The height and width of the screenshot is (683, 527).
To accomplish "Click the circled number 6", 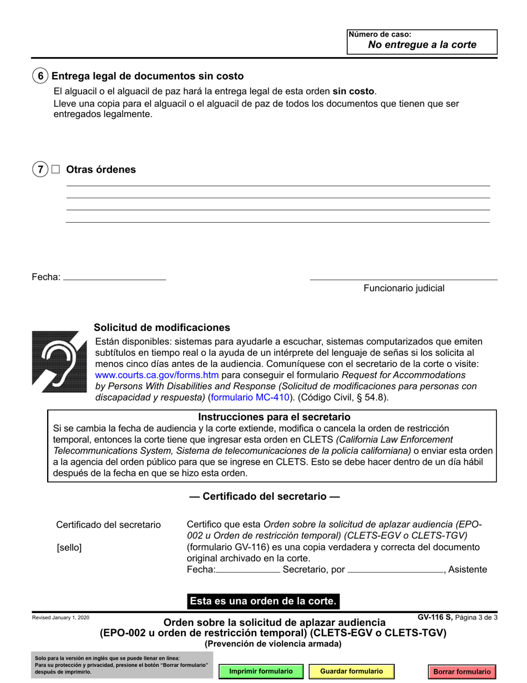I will click(40, 76).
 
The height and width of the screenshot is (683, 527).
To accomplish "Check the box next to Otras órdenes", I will click(55, 169).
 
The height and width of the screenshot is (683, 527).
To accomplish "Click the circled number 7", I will click(40, 169).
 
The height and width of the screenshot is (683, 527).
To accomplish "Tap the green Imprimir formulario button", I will click(261, 671).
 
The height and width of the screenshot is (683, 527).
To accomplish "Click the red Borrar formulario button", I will click(462, 672).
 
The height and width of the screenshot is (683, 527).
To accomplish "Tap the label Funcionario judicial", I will click(404, 288).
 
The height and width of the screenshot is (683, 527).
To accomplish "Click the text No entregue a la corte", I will click(422, 45).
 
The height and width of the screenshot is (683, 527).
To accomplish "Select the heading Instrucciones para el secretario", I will click(275, 416).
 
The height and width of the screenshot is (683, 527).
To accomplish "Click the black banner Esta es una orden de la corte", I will click(263, 601).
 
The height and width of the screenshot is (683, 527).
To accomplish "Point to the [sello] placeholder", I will click(69, 548).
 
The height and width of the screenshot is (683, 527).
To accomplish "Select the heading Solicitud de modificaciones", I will click(161, 328).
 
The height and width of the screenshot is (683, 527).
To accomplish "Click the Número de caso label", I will click(376, 34).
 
